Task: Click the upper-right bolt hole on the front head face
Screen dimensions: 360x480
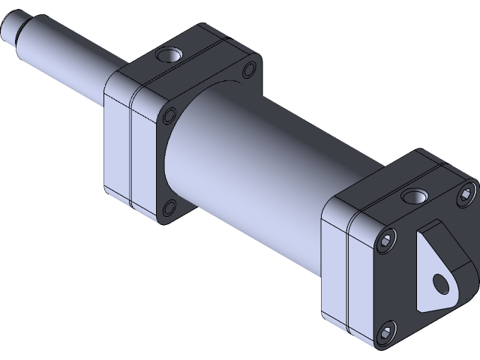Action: coord(247,71)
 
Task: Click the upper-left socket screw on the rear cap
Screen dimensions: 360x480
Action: coord(386,241)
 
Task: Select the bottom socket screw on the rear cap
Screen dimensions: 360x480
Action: coord(386,331)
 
